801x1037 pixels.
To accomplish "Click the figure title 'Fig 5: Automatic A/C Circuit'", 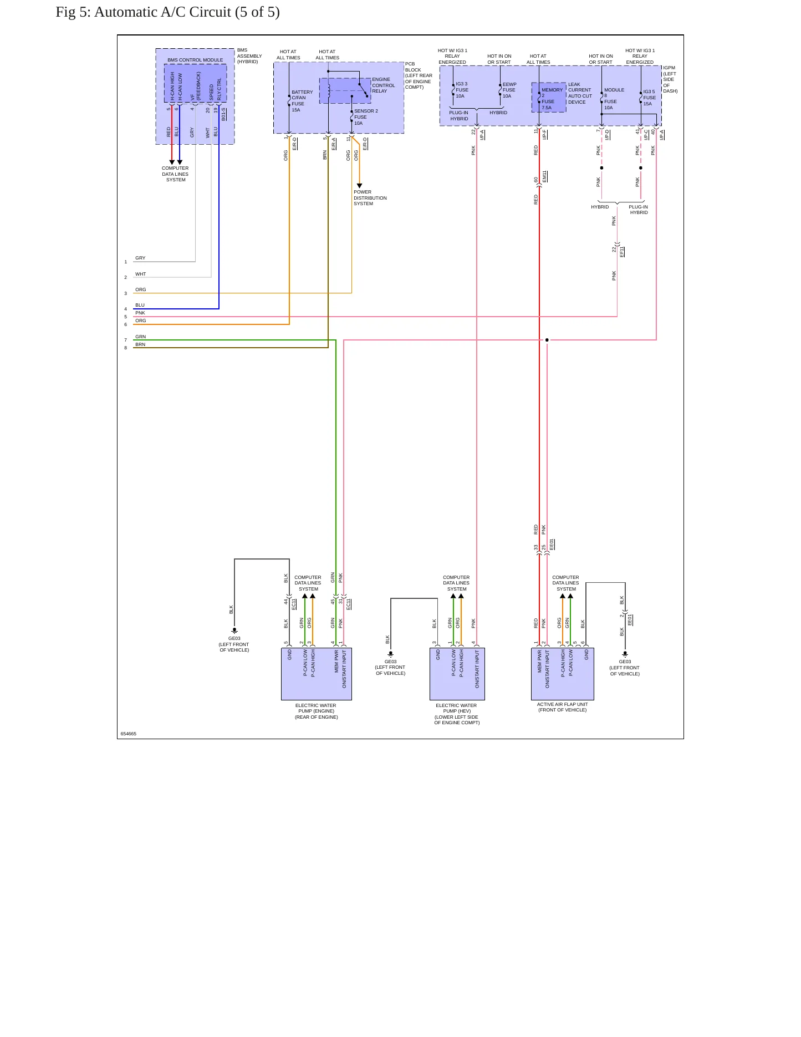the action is (143, 12).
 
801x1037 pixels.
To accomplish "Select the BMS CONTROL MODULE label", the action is (195, 60).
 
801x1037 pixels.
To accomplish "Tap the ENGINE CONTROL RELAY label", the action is (384, 85).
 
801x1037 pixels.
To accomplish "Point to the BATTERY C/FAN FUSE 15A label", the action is (302, 101).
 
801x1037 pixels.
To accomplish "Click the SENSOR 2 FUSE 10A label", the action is (366, 117).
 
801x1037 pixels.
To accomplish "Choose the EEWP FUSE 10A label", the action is (509, 90).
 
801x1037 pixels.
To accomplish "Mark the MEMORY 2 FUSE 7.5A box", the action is (549, 98).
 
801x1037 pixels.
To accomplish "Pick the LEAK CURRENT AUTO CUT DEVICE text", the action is (580, 93).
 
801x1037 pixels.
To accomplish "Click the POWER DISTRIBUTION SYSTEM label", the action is (370, 198).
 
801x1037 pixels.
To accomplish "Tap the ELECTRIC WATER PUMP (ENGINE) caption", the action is (316, 711).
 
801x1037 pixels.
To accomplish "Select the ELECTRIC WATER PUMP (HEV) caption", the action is (457, 714).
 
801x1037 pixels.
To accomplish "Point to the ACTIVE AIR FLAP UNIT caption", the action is (562, 707).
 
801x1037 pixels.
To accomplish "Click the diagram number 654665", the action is (129, 734).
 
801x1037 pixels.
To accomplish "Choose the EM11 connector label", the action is (545, 176).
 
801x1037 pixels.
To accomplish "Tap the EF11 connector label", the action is (622, 252).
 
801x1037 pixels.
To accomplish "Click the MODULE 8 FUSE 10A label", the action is (614, 99).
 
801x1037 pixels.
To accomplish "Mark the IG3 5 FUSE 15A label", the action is (649, 98).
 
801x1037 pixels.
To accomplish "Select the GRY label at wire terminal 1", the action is (140, 258).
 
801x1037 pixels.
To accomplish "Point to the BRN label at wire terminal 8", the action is (140, 344).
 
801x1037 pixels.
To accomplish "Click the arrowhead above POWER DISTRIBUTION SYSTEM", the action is (359, 186).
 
